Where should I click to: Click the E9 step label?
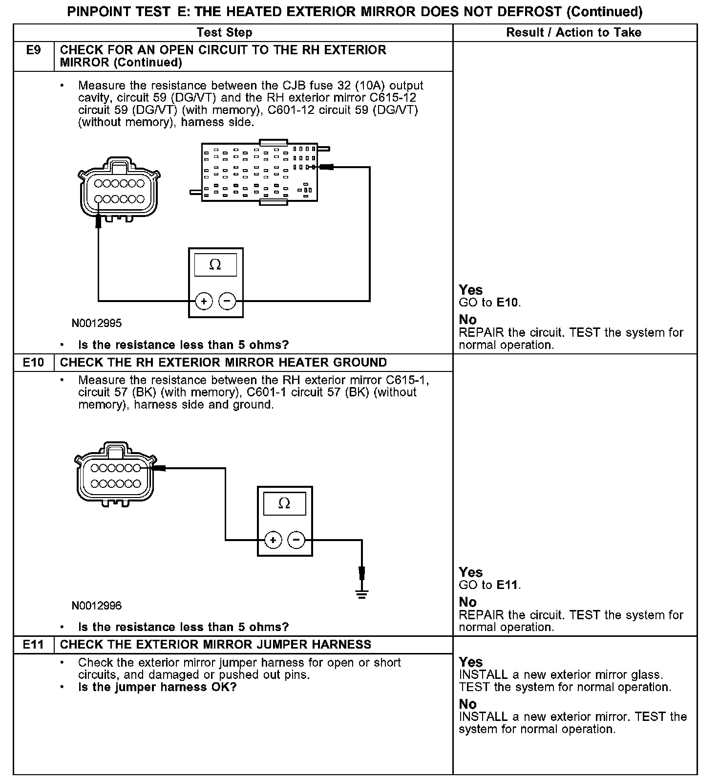click(x=33, y=50)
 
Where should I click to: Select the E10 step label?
click(x=33, y=363)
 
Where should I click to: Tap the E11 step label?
click(x=33, y=645)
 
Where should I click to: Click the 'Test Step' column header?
click(x=225, y=33)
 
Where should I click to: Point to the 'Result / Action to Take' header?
click(x=573, y=33)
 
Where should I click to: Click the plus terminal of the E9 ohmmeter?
click(x=204, y=301)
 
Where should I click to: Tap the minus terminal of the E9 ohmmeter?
click(x=227, y=301)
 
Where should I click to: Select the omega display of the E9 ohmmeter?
click(x=215, y=265)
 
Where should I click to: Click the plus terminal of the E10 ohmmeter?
click(x=273, y=540)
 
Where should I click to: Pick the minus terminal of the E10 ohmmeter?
click(x=296, y=540)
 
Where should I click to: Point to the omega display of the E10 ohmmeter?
click(x=284, y=503)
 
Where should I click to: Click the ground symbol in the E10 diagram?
click(x=361, y=594)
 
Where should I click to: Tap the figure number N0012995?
click(x=97, y=323)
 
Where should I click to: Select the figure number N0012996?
click(x=97, y=606)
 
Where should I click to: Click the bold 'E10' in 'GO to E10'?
click(x=507, y=303)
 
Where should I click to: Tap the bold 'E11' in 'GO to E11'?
click(x=507, y=585)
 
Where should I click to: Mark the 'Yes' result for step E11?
click(x=470, y=662)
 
